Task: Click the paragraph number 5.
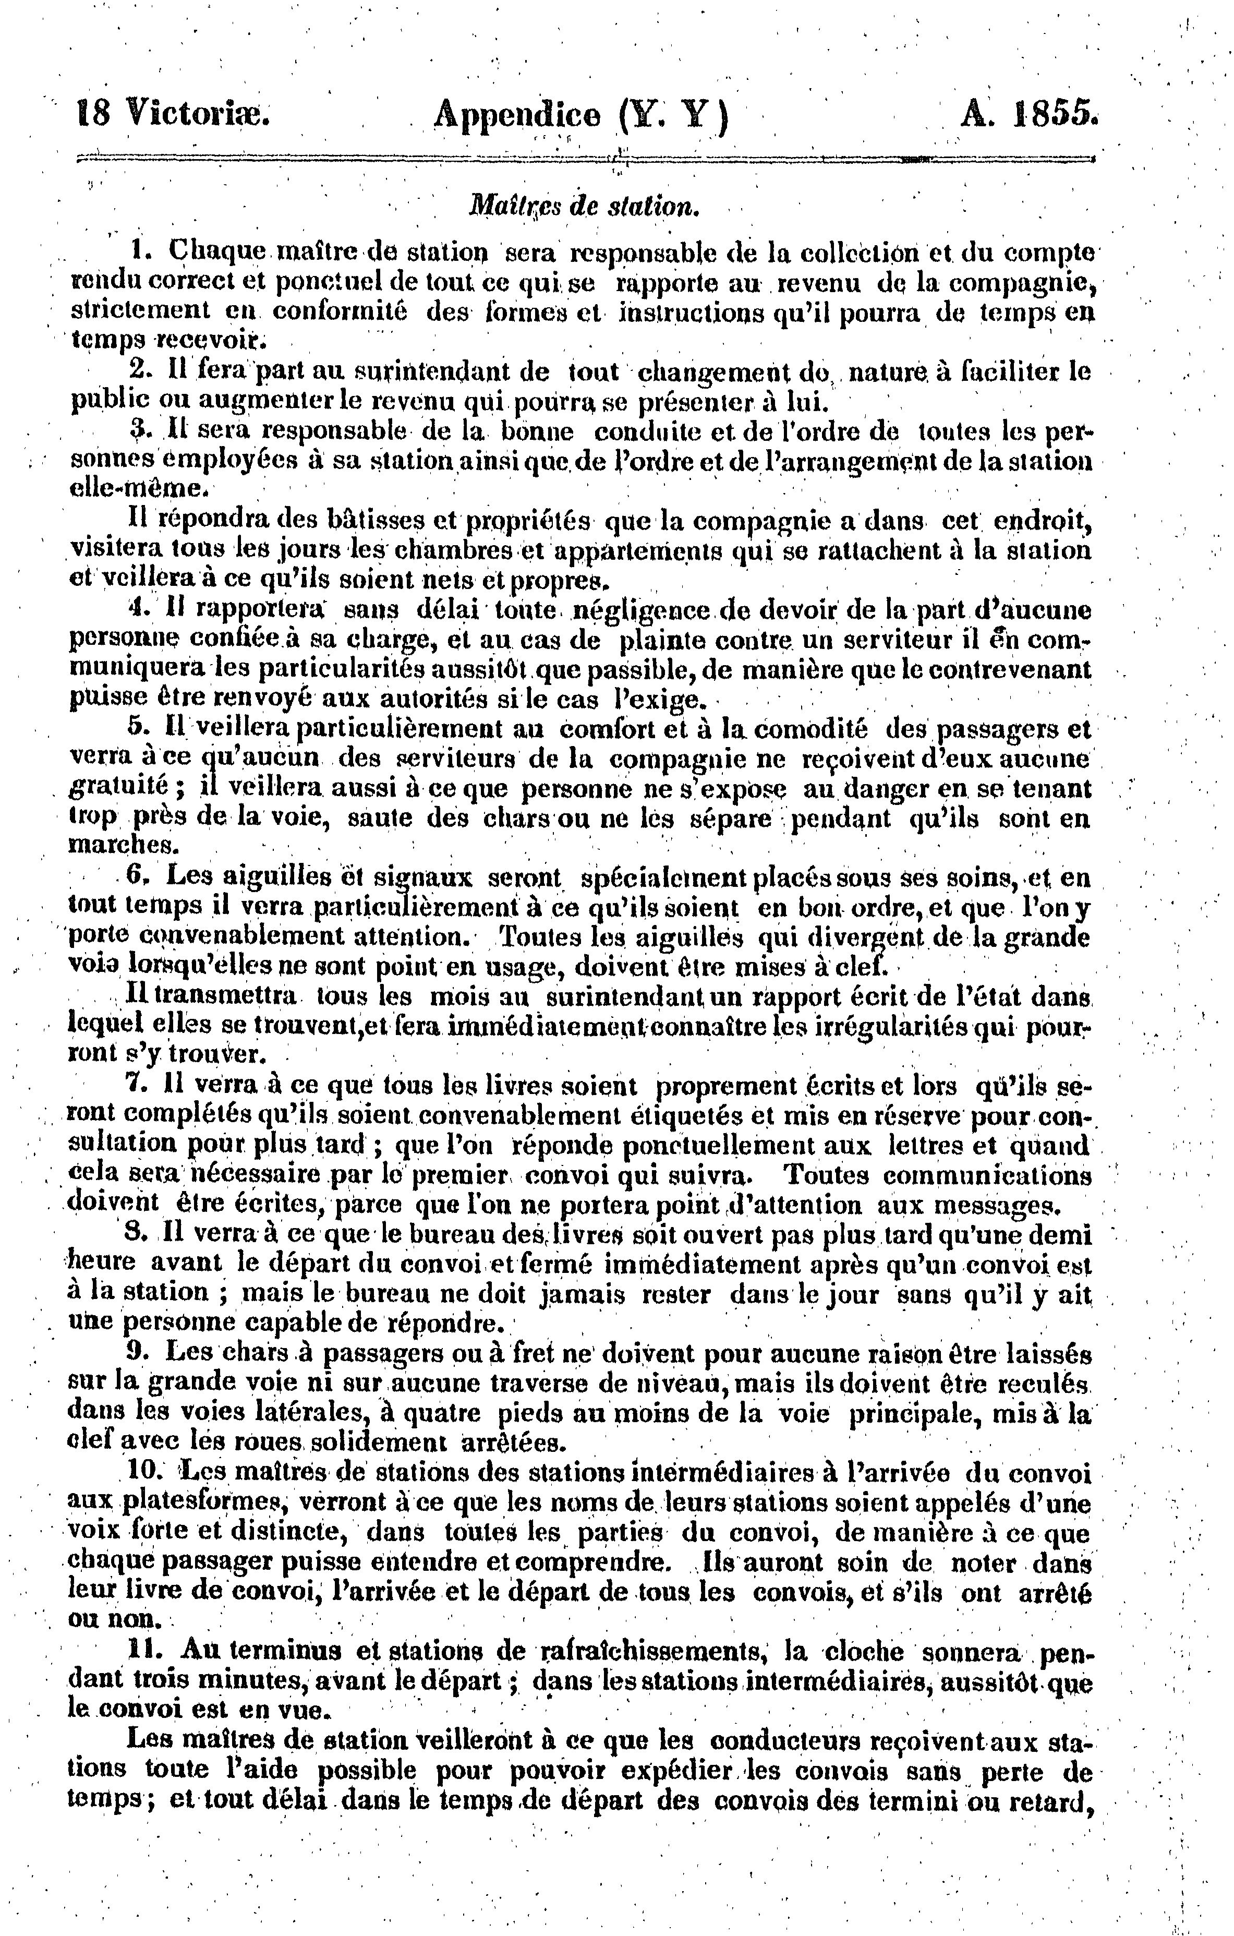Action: point(138,729)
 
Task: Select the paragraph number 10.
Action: point(146,1472)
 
